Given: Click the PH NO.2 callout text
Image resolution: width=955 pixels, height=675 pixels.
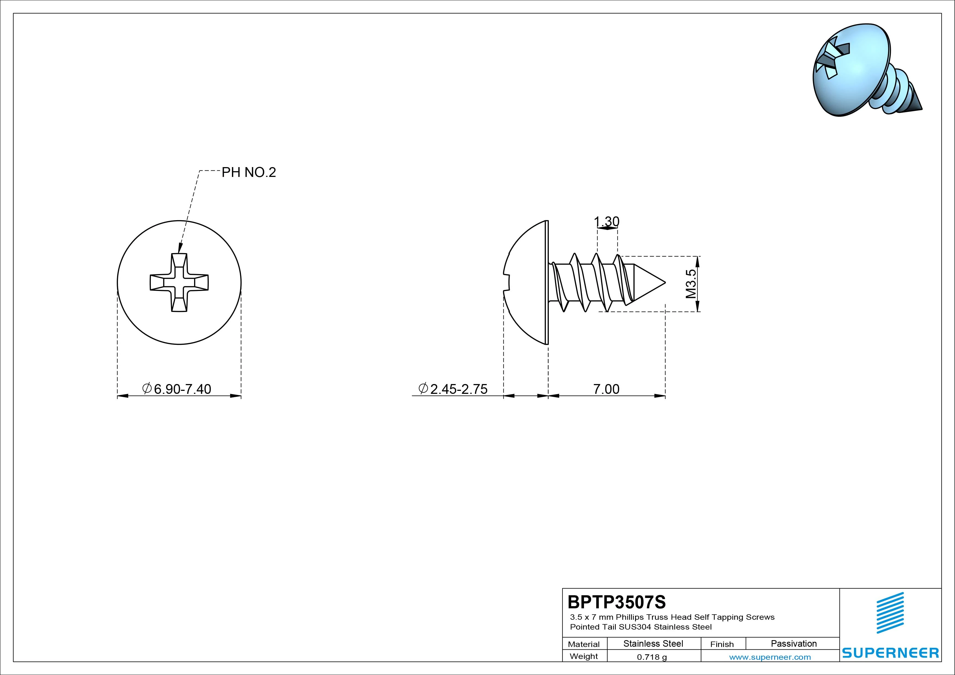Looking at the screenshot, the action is (x=249, y=172).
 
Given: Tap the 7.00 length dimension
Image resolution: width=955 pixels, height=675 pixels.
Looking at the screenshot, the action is (x=606, y=389).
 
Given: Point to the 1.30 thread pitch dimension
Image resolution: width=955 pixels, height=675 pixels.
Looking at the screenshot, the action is (x=607, y=221).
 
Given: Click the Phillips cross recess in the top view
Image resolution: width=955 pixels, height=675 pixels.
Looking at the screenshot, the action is (x=179, y=283).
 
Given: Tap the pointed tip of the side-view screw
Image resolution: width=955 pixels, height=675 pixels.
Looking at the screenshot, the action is (x=665, y=283).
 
